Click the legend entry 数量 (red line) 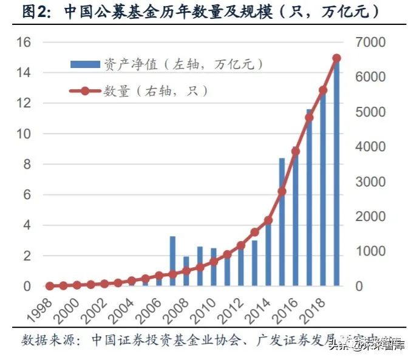pos(140,91)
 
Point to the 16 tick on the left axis pos(23,42)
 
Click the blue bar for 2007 pos(172,261)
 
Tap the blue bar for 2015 pos(282,222)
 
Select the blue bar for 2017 pos(309,198)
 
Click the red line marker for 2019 pos(336,58)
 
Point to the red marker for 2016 pos(296,151)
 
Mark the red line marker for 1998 pos(50,285)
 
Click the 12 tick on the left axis pos(23,104)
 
